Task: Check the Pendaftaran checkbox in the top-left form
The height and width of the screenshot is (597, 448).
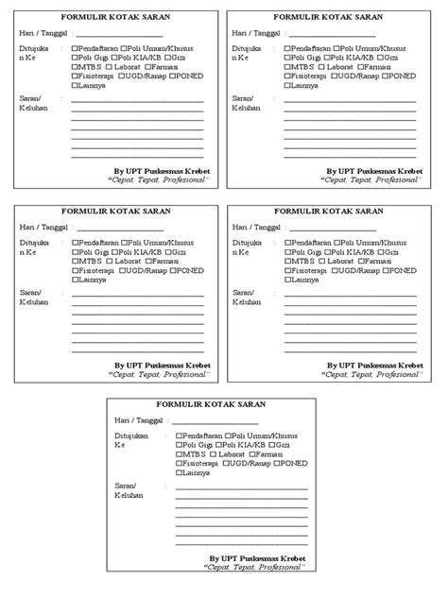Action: [x=75, y=46]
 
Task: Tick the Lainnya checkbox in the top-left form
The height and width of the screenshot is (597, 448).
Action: [x=75, y=84]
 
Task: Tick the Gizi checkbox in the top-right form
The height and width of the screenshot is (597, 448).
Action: [x=389, y=56]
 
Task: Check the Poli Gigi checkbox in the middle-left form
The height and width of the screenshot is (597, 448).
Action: [x=75, y=252]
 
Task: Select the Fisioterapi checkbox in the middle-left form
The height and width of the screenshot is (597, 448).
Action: [x=75, y=271]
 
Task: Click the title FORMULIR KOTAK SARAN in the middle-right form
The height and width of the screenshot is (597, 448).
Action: [x=328, y=212]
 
